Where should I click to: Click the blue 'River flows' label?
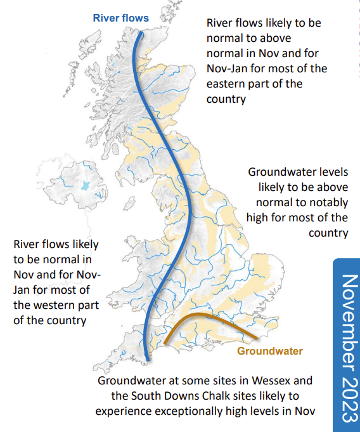[120, 18]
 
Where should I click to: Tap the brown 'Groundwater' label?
[269, 351]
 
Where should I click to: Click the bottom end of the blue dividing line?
[148, 362]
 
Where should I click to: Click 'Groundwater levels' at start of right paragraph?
[298, 172]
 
